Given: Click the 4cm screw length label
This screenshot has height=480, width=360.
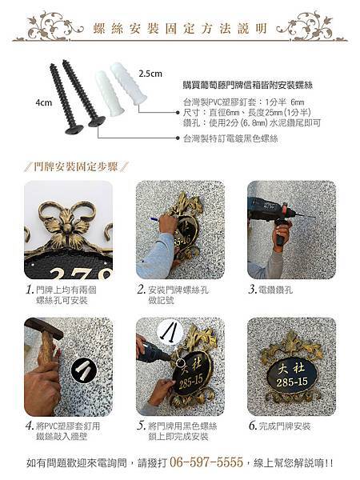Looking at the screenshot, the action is [x=44, y=103].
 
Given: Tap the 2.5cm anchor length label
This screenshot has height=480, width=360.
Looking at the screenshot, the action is [x=150, y=74].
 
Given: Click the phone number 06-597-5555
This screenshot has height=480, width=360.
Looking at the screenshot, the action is [x=206, y=462].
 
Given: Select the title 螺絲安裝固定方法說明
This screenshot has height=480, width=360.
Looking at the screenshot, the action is [x=180, y=29].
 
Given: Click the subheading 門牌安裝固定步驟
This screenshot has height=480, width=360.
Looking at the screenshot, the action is [x=76, y=167].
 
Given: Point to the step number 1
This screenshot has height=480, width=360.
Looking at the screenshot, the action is [x=30, y=290].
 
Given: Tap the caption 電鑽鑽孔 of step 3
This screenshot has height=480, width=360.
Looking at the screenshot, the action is [x=275, y=290].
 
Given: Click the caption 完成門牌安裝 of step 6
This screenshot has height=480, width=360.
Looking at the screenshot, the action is [x=284, y=426].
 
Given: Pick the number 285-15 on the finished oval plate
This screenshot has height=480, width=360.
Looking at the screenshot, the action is [x=292, y=382].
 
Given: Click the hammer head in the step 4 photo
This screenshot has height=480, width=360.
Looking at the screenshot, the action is [x=43, y=327].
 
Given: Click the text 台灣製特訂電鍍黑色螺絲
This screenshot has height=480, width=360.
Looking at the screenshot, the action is [x=230, y=138].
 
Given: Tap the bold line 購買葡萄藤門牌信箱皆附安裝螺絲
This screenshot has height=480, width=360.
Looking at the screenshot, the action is [x=248, y=85].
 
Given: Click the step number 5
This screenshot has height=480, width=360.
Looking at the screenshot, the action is [x=141, y=426].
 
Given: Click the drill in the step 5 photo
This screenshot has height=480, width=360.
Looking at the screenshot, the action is [x=153, y=352].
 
